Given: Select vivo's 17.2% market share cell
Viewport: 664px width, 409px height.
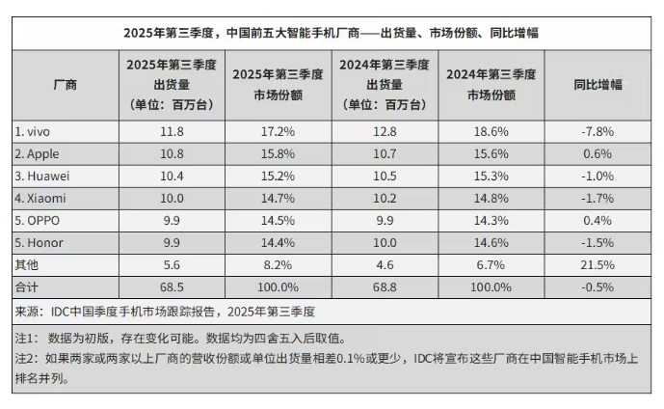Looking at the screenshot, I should click(x=279, y=130).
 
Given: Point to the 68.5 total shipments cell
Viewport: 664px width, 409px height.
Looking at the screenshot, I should click(x=172, y=286).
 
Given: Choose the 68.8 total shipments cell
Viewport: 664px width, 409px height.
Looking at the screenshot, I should click(x=385, y=286).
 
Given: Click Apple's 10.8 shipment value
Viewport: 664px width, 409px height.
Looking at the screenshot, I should click(x=172, y=152).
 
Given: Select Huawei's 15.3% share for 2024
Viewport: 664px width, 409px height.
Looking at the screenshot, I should click(x=490, y=175).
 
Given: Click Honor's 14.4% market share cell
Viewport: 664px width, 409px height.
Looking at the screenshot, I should click(x=279, y=241).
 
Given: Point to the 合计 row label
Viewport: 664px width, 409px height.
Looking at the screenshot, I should click(x=28, y=286).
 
